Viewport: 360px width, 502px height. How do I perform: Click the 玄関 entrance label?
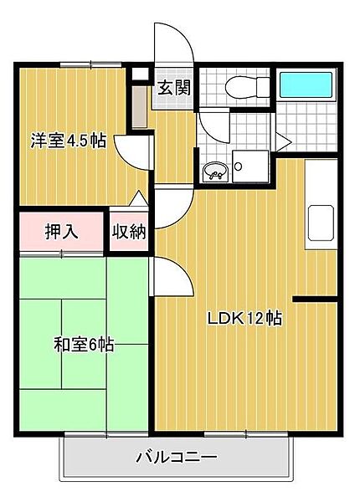[174, 87]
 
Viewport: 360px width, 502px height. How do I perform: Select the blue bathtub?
[306, 85]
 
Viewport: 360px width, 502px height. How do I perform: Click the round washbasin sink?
[215, 172]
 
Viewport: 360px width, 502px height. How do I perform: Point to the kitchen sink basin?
[321, 223]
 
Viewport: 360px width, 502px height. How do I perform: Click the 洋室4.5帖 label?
[68, 141]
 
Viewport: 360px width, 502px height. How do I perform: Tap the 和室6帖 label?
[84, 345]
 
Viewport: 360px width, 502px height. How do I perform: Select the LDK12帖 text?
[245, 318]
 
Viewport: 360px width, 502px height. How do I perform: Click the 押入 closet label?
[61, 231]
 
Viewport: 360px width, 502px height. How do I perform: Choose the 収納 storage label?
[129, 231]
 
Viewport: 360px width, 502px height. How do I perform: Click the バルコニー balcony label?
[177, 457]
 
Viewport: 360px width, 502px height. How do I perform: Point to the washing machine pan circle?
[238, 166]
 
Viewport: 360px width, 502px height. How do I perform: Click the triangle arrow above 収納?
[138, 197]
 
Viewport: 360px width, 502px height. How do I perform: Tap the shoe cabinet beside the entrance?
[140, 106]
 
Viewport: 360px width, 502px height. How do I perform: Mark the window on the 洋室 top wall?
[91, 64]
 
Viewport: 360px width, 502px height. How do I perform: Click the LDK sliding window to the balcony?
[246, 434]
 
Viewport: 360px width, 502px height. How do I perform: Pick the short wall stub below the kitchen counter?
[315, 300]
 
